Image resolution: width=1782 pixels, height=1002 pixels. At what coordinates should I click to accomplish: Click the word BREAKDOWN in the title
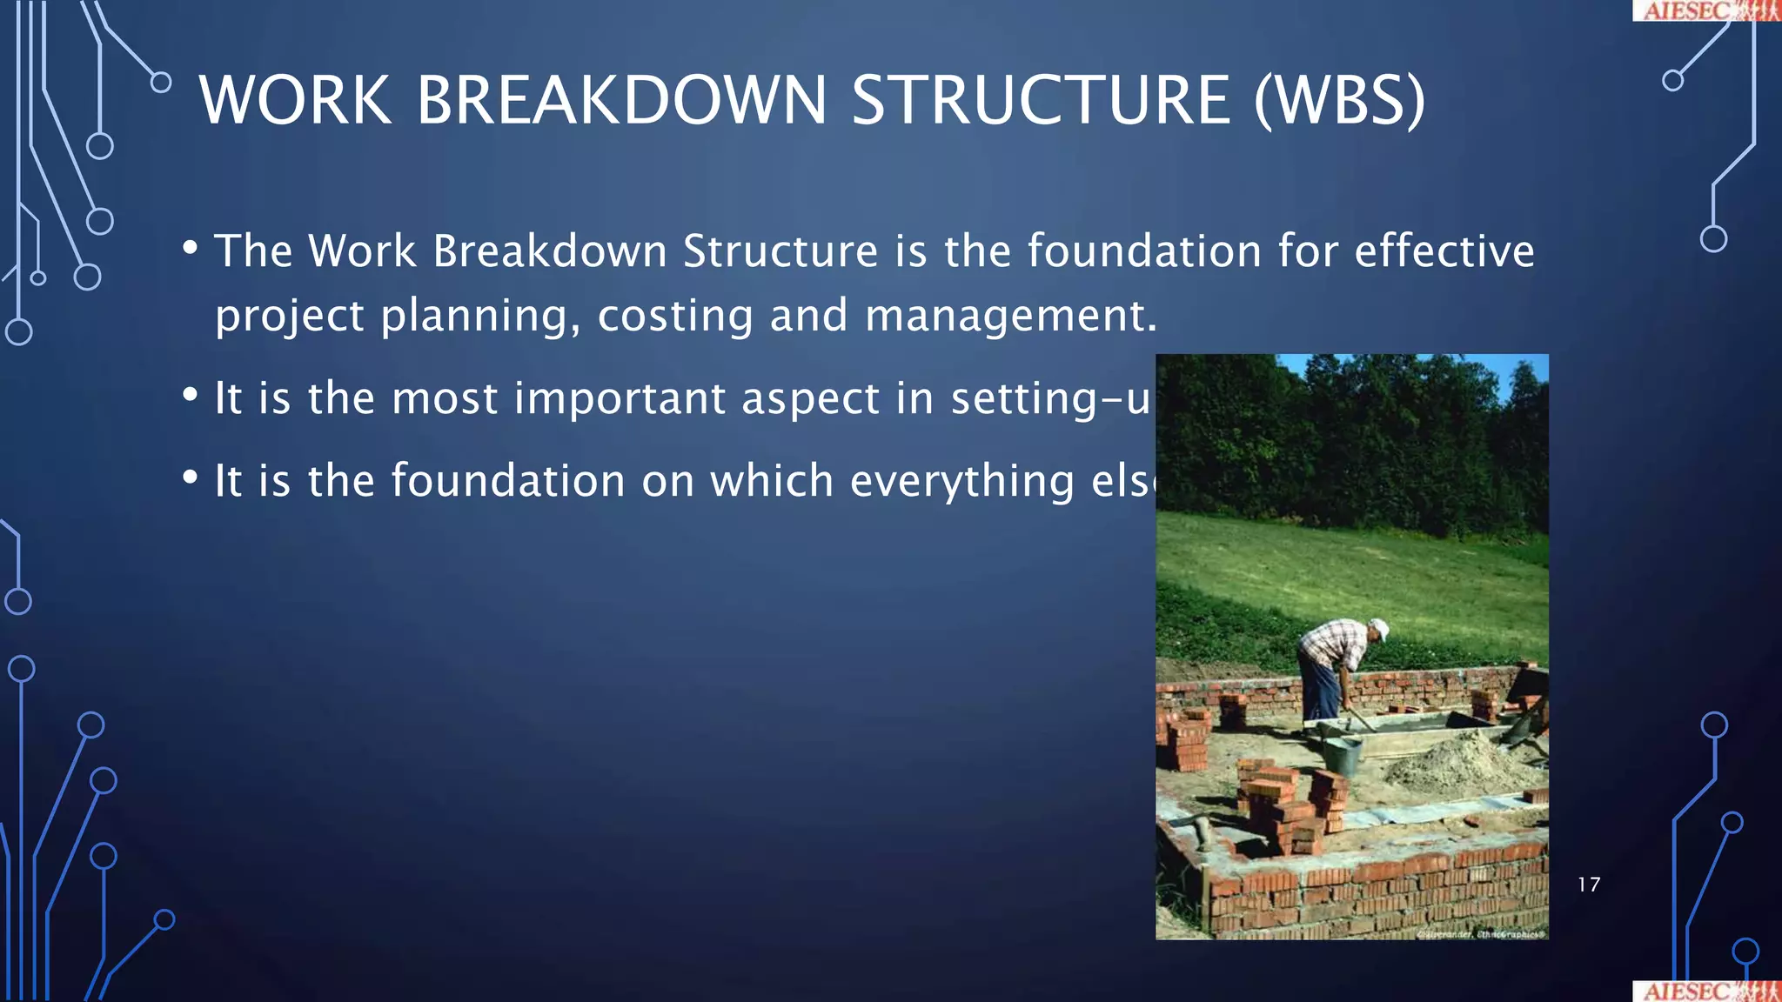[621, 101]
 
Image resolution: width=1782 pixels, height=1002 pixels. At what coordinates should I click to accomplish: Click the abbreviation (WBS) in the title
[1339, 101]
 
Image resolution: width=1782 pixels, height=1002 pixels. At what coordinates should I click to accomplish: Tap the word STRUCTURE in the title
[1041, 101]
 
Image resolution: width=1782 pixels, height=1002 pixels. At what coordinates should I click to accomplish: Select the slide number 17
[1589, 885]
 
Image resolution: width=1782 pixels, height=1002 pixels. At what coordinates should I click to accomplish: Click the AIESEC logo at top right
[1706, 10]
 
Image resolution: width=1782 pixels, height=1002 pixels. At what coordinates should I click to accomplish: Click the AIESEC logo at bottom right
[1706, 992]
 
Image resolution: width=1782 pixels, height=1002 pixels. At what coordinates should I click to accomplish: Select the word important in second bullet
[620, 399]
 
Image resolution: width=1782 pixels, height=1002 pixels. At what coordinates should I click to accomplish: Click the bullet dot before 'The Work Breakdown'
[191, 249]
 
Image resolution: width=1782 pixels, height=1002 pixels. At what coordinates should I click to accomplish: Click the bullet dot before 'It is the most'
[191, 396]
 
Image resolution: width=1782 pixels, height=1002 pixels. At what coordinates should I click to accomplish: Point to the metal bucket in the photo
[1342, 753]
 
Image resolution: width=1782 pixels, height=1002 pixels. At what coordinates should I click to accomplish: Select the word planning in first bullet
[479, 316]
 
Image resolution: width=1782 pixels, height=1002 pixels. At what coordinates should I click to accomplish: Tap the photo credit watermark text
[1481, 934]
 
